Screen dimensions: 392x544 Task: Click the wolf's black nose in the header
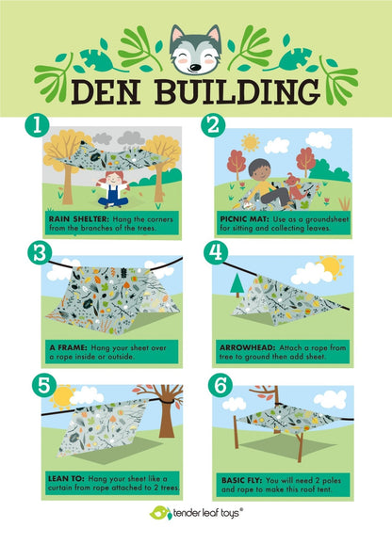click(195, 68)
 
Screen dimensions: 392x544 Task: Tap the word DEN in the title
click(106, 91)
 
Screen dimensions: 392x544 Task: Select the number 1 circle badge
click(37, 125)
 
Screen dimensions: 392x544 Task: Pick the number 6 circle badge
click(220, 386)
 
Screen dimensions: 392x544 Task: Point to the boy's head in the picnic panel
click(258, 169)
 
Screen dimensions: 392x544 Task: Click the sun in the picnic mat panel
click(250, 142)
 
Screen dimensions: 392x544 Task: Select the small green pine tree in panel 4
click(237, 285)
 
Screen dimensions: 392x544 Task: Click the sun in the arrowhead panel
click(332, 266)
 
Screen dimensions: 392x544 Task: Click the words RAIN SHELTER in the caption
click(79, 219)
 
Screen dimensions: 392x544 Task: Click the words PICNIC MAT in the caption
click(244, 219)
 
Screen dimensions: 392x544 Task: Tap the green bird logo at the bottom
click(161, 513)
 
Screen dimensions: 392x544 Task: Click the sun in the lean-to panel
click(63, 397)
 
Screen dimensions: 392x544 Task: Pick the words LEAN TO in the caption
click(66, 478)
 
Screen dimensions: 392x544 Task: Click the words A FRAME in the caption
click(68, 347)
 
